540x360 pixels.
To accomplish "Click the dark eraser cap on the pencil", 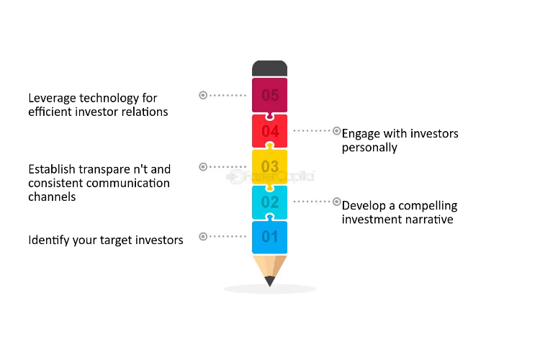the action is (270, 68).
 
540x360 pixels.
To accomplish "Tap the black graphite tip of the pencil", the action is (270, 281).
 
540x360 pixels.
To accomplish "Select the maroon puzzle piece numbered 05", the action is (270, 96).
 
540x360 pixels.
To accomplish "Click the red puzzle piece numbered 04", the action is (270, 131).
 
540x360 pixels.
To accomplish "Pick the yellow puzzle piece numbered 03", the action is (270, 167).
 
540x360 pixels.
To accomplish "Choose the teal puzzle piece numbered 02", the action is (270, 202).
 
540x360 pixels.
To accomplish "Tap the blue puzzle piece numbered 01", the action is (270, 237).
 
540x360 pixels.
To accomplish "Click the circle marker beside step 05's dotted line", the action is (203, 95).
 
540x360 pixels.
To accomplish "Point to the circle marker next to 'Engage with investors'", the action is (337, 131).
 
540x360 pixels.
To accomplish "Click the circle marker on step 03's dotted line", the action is (203, 167).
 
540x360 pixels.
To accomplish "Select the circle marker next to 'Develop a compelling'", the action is (337, 202).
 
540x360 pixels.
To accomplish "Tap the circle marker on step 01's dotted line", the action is (203, 236).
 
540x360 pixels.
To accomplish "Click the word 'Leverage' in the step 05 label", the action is (53, 99).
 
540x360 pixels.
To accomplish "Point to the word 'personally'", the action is (369, 148).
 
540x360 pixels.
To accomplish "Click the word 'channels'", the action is (52, 197).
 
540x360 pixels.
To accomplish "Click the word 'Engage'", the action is (361, 134).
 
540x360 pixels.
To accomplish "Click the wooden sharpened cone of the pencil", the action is (270, 267).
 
